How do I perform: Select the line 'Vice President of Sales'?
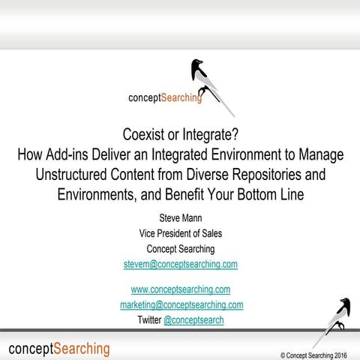[x=180, y=233]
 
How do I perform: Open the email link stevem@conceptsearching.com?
[x=180, y=264]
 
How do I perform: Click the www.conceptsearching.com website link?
[x=180, y=289]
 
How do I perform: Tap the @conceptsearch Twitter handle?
[x=193, y=320]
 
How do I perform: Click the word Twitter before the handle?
[x=148, y=320]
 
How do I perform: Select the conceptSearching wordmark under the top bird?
[x=166, y=98]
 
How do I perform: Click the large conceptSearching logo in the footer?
[x=59, y=349]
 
